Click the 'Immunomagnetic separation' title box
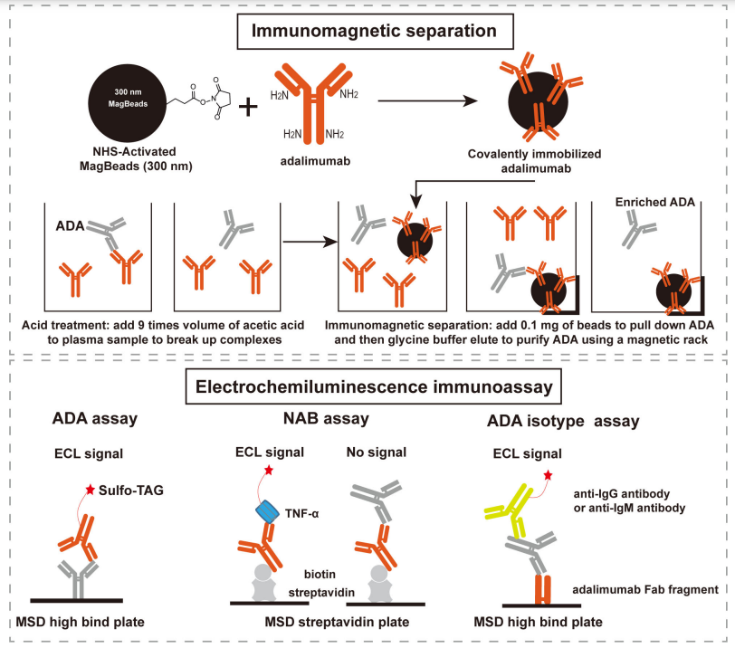pos(367,31)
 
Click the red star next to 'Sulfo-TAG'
pos(90,490)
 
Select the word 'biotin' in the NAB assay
pos(323,573)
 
